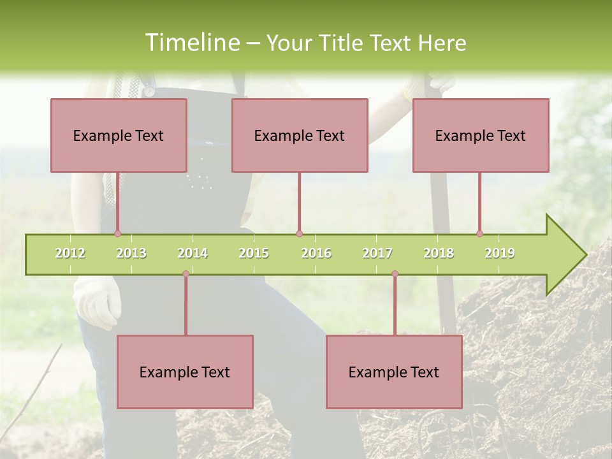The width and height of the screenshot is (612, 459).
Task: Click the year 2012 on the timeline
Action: click(70, 253)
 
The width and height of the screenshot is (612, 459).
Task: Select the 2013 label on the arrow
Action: click(131, 253)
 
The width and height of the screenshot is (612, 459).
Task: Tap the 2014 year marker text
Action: click(193, 253)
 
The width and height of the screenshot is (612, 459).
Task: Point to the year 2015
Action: click(254, 253)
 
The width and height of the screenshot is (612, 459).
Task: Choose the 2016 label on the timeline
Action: click(316, 253)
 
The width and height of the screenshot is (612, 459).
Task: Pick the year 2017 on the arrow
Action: click(377, 253)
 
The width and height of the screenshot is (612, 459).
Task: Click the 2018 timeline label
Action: click(439, 253)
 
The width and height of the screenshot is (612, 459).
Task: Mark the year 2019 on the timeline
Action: click(500, 253)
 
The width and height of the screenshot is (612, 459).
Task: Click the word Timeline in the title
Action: click(191, 43)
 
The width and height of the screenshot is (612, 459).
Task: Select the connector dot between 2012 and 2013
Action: click(117, 234)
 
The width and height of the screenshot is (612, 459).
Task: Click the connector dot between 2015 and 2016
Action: click(299, 234)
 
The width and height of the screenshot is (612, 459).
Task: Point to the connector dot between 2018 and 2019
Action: click(479, 234)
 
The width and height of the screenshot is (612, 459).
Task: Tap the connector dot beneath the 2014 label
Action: click(186, 274)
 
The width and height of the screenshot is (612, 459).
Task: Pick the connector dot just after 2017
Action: click(395, 274)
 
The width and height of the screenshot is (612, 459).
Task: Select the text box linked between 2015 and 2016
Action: click(300, 135)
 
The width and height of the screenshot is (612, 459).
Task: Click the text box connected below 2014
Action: click(185, 372)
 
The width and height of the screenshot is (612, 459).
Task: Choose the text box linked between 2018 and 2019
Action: click(481, 135)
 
